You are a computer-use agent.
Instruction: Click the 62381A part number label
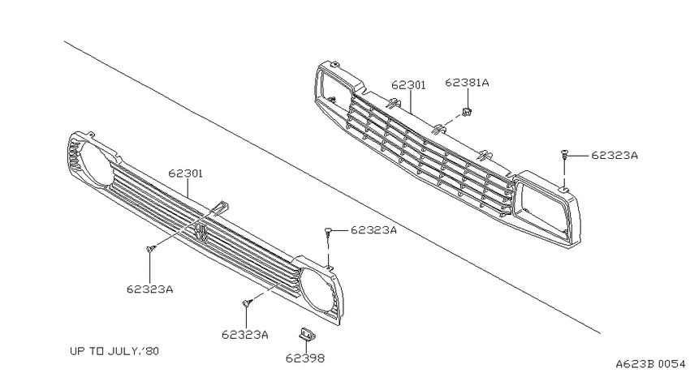pos(467,82)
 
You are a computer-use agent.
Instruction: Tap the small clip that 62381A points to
pos(467,112)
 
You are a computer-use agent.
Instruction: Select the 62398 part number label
pos(305,358)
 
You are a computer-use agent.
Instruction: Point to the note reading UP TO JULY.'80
pos(114,351)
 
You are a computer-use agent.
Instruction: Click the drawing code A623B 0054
pos(650,364)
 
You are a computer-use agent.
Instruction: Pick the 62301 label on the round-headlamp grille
pos(185,174)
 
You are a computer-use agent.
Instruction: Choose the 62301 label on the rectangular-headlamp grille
pos(409,85)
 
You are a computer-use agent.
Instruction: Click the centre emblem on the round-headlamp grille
pos(201,232)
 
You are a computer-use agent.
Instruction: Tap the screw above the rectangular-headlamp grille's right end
pos(563,154)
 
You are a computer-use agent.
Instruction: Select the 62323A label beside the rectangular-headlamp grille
pos(615,155)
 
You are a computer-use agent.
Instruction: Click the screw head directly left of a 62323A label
pos(328,229)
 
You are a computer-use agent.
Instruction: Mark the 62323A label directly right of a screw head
pos(373,230)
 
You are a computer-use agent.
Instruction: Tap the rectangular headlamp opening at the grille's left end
pos(334,88)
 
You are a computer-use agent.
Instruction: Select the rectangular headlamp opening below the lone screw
pos(542,208)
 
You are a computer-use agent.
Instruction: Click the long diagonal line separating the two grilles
pos(332,187)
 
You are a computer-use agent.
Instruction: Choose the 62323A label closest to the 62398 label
pos(244,335)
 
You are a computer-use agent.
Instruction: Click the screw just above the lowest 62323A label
pos(247,302)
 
